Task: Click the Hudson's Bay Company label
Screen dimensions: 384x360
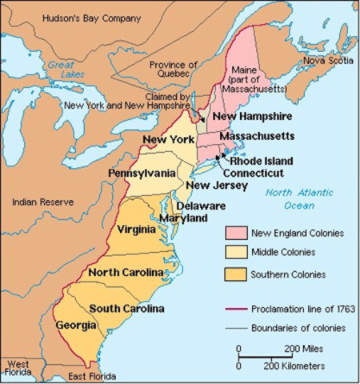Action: [62, 16]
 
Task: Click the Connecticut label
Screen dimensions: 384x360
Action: [253, 172]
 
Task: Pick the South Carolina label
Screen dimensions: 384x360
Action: [126, 308]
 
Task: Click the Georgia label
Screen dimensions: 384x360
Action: [77, 326]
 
